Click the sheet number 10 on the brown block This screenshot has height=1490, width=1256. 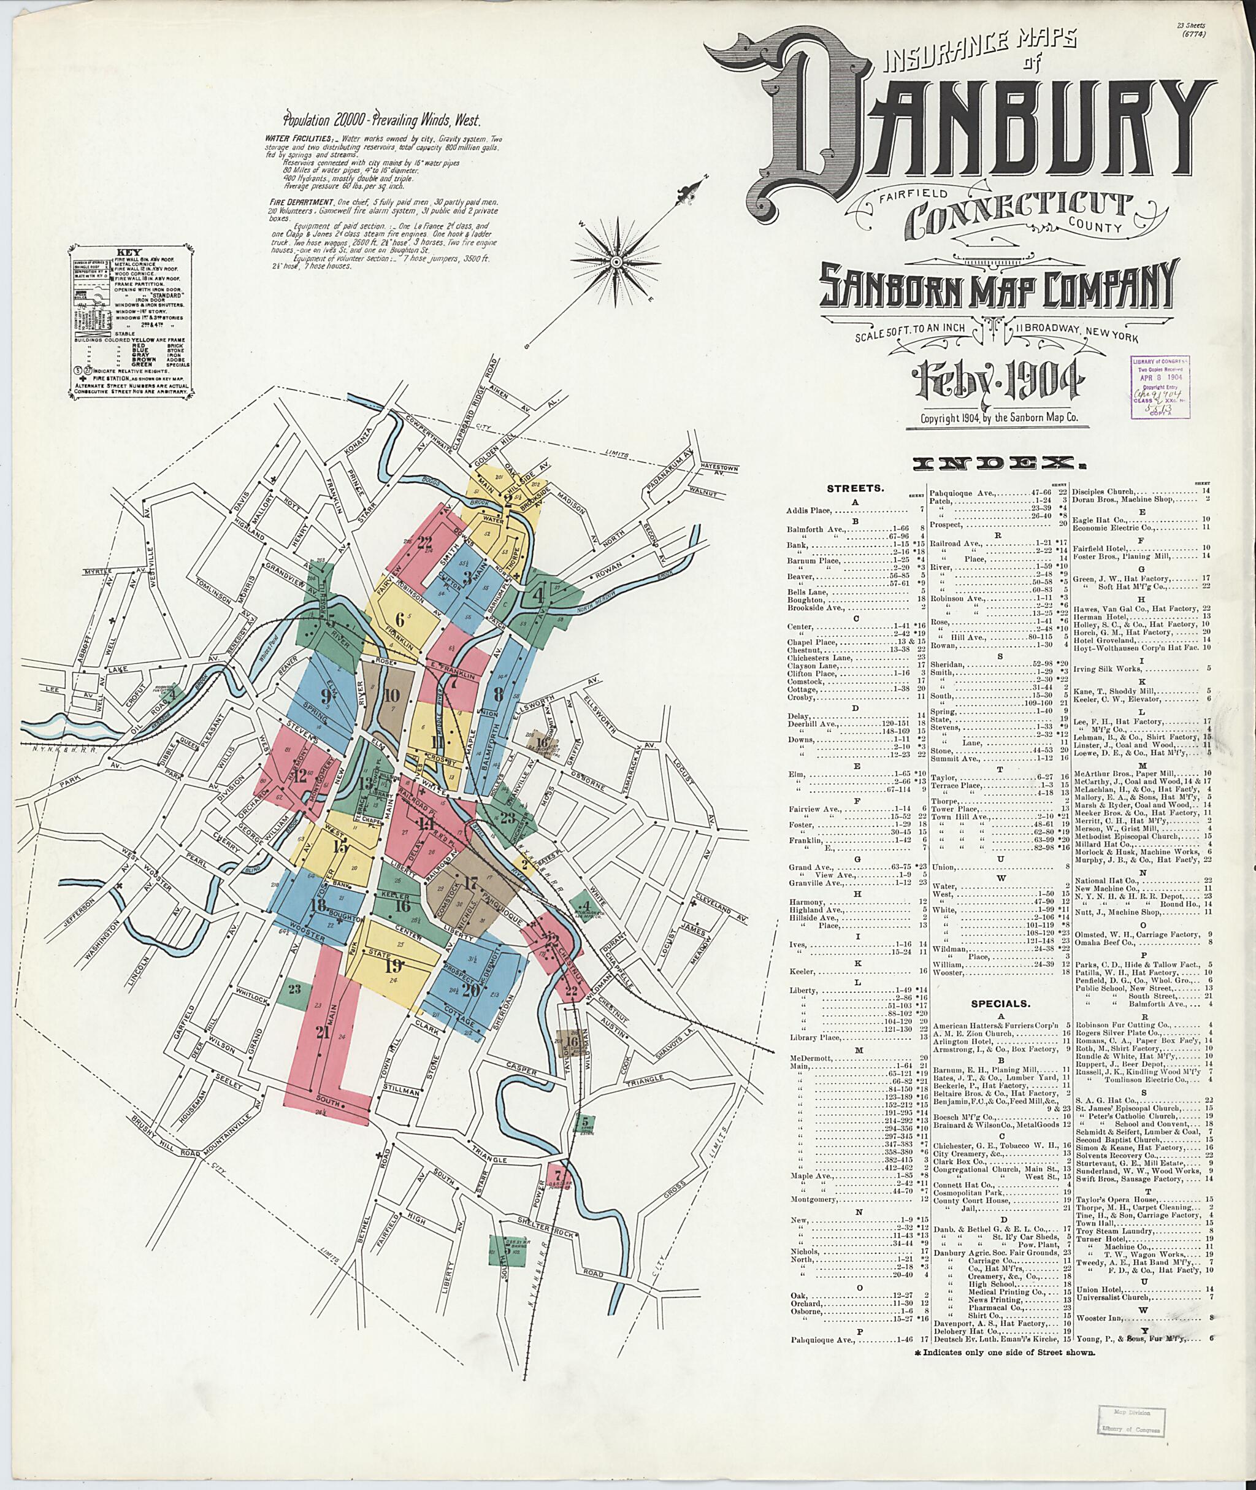392,696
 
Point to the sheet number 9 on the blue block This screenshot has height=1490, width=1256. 326,697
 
